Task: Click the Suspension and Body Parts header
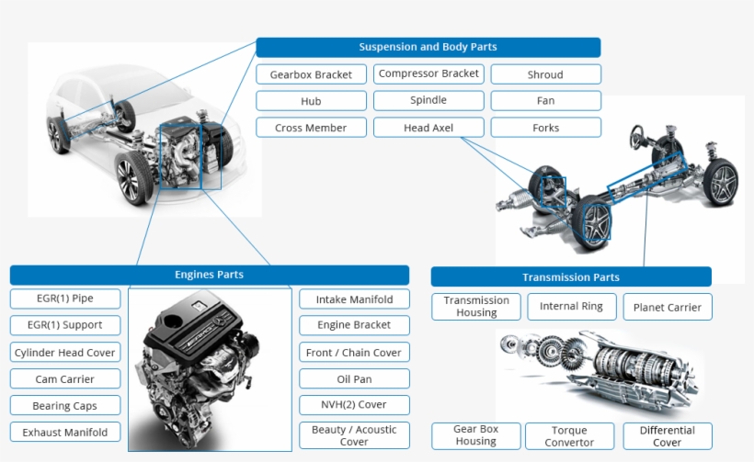(x=428, y=47)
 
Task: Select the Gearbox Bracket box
(x=311, y=74)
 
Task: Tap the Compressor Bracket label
(x=428, y=73)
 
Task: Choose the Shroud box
(x=545, y=74)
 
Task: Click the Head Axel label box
(x=428, y=128)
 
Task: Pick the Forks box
(x=545, y=128)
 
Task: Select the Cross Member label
(x=311, y=128)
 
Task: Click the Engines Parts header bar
(x=209, y=275)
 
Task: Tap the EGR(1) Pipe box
(x=65, y=299)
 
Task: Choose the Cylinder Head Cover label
(x=65, y=353)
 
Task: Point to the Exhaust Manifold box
(x=65, y=432)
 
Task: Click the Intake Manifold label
(x=354, y=299)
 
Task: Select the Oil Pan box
(x=354, y=378)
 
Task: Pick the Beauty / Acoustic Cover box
(x=354, y=435)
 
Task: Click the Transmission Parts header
(x=570, y=276)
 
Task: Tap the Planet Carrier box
(x=667, y=307)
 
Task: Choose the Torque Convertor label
(x=571, y=436)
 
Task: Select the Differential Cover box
(x=667, y=436)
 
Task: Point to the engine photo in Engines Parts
(x=209, y=367)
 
